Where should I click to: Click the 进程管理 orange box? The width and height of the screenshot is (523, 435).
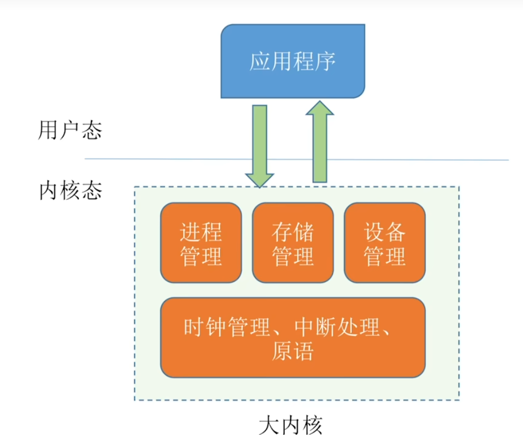[201, 243]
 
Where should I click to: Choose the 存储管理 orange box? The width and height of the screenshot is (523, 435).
[293, 243]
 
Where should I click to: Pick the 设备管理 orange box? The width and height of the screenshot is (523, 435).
[385, 243]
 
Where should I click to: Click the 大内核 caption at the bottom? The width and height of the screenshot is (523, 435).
[291, 424]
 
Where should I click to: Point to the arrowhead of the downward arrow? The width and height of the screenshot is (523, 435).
[259, 179]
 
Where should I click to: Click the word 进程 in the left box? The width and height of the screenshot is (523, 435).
[201, 232]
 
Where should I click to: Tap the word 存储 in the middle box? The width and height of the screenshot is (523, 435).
[293, 232]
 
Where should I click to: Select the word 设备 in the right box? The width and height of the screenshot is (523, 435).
[385, 232]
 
